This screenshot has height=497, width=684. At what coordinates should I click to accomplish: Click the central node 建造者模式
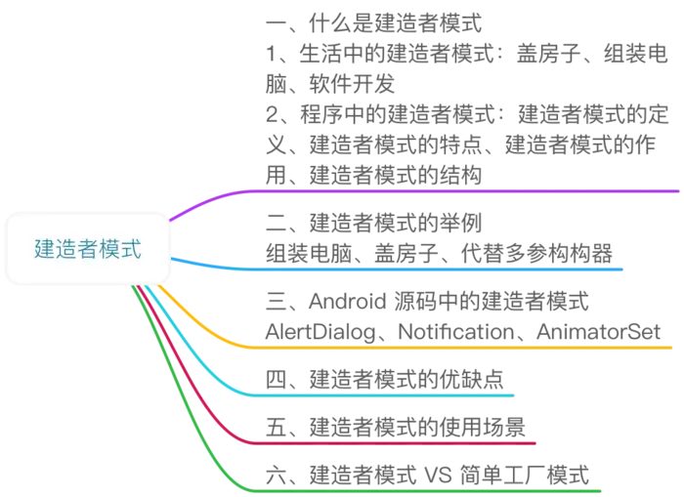tap(88, 250)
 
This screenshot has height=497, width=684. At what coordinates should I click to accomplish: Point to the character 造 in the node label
tap(66, 250)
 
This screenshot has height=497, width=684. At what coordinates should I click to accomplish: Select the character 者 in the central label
tap(88, 250)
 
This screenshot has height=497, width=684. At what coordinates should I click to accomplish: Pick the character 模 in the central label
tap(109, 250)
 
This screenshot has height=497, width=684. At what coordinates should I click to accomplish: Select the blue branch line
tap(440, 268)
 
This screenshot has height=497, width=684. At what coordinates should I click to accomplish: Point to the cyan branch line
tap(391, 394)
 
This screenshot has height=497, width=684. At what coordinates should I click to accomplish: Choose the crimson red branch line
tap(391, 442)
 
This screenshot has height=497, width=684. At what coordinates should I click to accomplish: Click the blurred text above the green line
tap(430, 474)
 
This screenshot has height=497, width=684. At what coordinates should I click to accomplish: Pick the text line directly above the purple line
tap(375, 174)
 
